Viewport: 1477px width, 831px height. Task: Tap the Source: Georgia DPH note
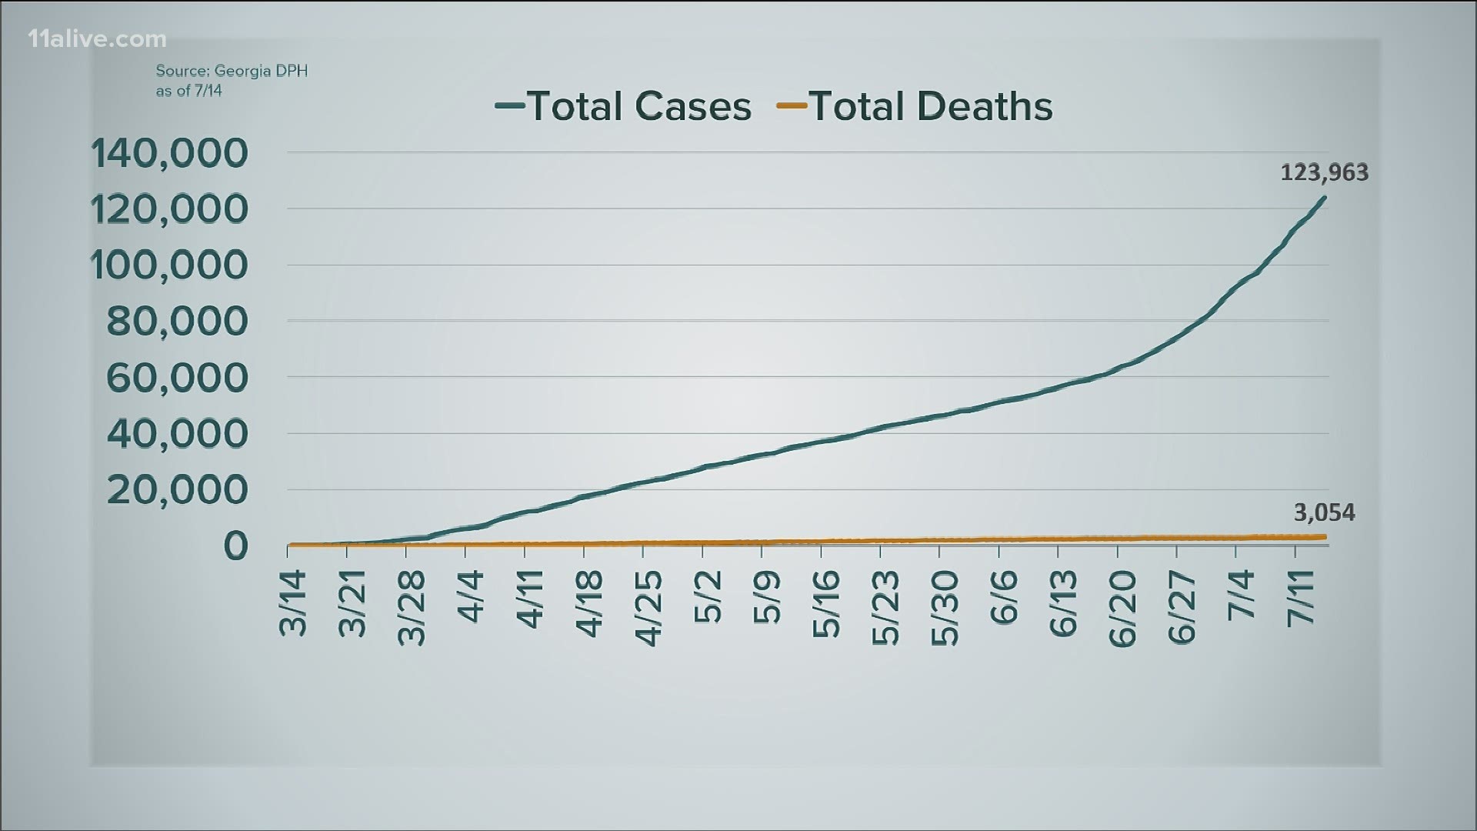click(232, 80)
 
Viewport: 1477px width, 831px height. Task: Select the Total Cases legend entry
click(624, 106)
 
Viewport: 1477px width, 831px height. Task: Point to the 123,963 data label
click(1324, 172)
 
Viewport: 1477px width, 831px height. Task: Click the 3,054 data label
click(1324, 512)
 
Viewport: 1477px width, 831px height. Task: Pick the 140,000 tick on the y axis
click(170, 153)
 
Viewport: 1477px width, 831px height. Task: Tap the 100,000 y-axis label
click(170, 265)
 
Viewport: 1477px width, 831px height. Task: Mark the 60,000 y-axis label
click(178, 378)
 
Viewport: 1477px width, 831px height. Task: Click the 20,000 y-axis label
click(178, 490)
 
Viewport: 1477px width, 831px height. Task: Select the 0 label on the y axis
click(236, 546)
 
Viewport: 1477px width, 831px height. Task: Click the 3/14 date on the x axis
click(293, 603)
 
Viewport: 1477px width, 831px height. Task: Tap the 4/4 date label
click(471, 596)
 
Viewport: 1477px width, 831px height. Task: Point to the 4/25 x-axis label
click(648, 608)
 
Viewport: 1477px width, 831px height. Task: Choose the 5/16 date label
click(826, 608)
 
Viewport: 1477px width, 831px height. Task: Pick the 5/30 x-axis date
click(945, 608)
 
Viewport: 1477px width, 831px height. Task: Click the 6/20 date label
click(1122, 608)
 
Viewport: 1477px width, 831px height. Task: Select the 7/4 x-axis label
click(1241, 596)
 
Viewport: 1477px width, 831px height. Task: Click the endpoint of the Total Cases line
click(1325, 198)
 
